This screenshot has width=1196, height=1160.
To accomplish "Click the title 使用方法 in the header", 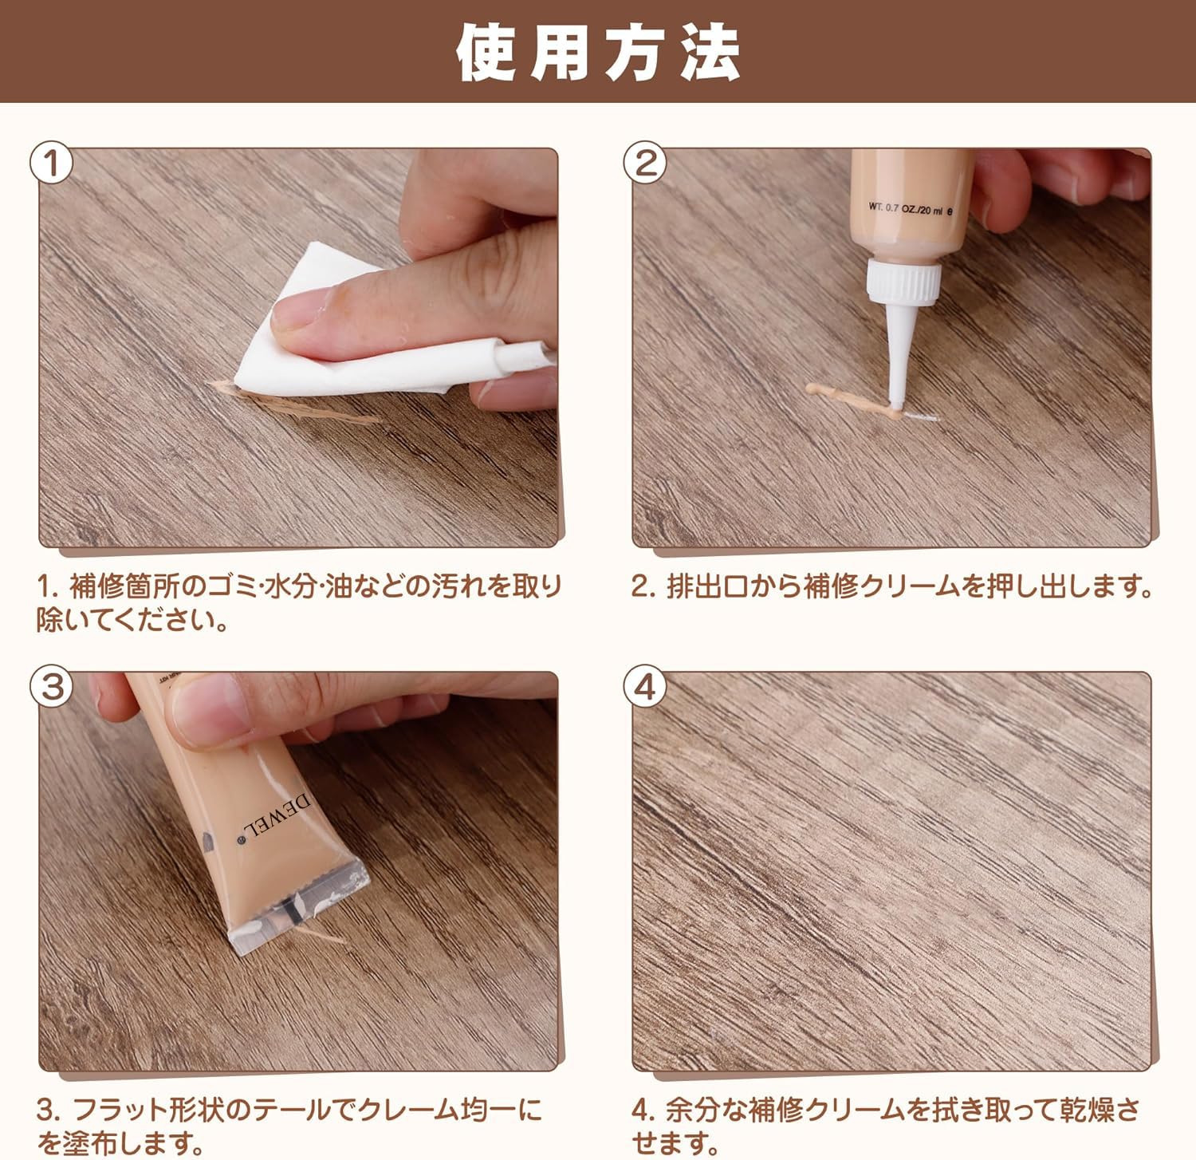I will point(598,53).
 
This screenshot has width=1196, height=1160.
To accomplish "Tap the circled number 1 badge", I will point(53,164).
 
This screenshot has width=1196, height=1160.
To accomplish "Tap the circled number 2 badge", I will point(645,164).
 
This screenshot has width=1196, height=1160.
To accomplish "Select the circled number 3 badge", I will point(53,686).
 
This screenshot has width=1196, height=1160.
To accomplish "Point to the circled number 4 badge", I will point(645,686).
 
